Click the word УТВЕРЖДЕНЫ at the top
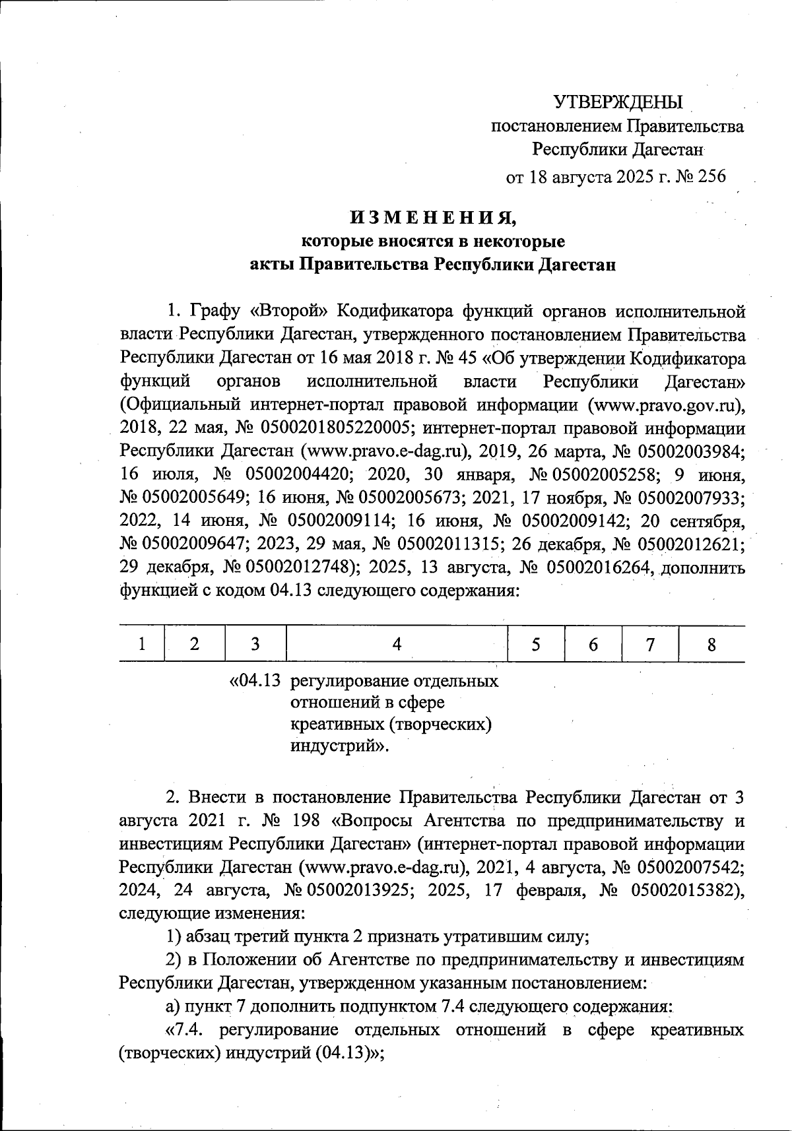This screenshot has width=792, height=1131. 618,102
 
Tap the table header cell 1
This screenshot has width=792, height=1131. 142,644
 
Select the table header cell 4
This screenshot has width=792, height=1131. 397,644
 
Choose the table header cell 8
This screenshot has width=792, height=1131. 711,644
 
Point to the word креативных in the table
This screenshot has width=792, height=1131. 334,724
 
